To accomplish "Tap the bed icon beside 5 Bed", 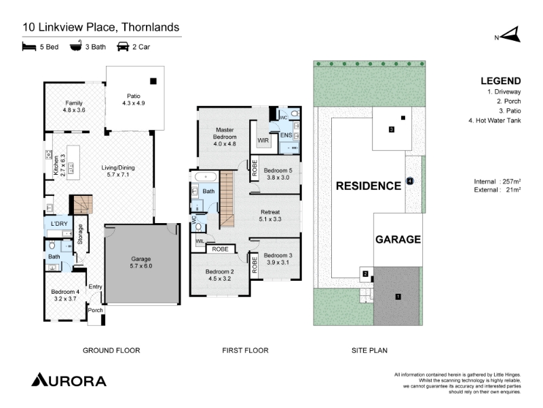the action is point(29,46).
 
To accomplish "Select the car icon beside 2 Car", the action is point(123,46).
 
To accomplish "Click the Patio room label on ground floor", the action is point(134,99).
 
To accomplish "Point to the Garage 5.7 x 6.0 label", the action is point(141,262).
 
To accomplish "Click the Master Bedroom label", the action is point(225,137).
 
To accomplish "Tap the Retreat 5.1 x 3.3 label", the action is point(270,216).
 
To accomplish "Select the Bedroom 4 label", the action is point(65,295).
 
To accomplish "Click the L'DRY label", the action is point(59,224).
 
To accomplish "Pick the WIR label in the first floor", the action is point(263,141).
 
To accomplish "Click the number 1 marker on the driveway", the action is point(398,296).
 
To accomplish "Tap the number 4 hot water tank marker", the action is point(410,181).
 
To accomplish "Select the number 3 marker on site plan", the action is point(392,129).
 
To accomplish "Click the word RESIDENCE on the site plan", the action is point(369,186).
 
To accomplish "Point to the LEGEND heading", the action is point(501,81).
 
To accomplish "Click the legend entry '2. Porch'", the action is point(508,101).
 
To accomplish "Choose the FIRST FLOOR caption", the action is point(245,350).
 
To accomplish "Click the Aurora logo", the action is point(69,379).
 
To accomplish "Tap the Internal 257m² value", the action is point(498,182).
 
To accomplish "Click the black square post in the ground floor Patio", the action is point(153,81).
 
